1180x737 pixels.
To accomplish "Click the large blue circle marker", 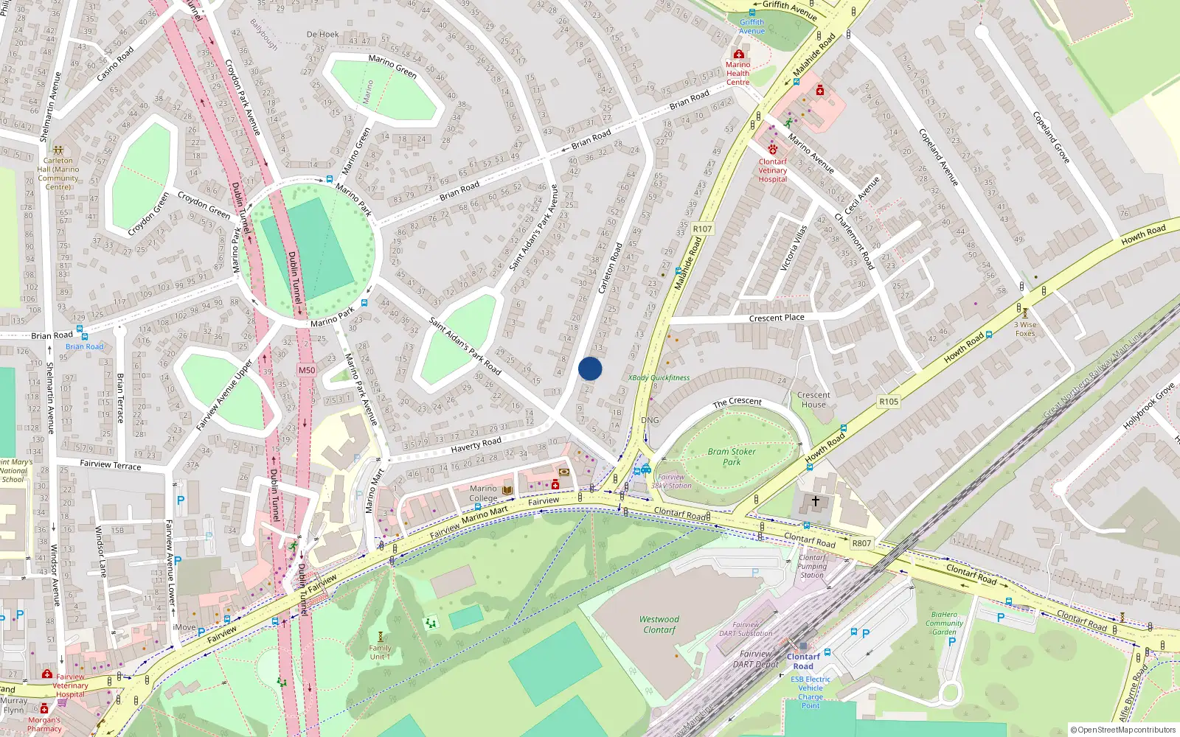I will coord(590,368).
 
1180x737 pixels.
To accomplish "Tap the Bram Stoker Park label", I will coord(731,457).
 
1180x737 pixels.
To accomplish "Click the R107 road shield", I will coord(702,229).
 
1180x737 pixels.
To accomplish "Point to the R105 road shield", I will coord(889,402).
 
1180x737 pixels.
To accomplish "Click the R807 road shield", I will coord(861,543).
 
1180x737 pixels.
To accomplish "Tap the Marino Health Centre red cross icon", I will coord(738,55).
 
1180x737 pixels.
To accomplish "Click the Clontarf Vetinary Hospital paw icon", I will coord(772,150).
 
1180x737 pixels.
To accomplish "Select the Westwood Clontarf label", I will coord(659,624).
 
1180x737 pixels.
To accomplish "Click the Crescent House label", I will coord(813,399).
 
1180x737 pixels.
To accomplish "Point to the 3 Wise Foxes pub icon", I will coord(1024,313).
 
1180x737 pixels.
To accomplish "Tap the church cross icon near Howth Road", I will coord(816,501).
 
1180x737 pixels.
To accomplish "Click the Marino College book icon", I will coord(507,490).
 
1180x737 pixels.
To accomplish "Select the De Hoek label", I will coord(323,35).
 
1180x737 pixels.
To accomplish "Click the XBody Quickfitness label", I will coord(659,378).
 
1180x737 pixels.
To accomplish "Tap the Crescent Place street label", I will coord(777,318).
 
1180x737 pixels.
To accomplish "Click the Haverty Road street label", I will coord(476,445).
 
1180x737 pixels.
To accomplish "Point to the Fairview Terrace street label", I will coord(111,465).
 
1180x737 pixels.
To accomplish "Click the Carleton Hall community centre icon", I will coord(58,150).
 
